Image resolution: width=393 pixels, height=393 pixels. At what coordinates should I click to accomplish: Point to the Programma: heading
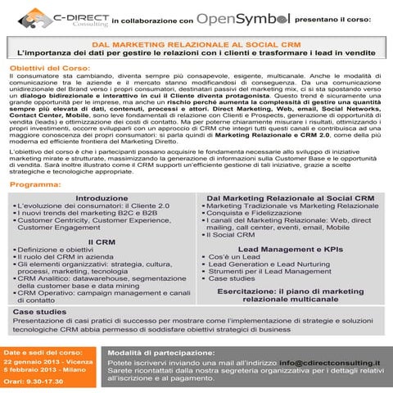click(x=40, y=185)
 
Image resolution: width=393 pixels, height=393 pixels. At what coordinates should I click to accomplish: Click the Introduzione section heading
click(x=101, y=198)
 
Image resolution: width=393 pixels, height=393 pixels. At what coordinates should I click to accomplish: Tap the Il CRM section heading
click(x=101, y=242)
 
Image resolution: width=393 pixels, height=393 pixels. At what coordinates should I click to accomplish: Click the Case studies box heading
click(x=40, y=313)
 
